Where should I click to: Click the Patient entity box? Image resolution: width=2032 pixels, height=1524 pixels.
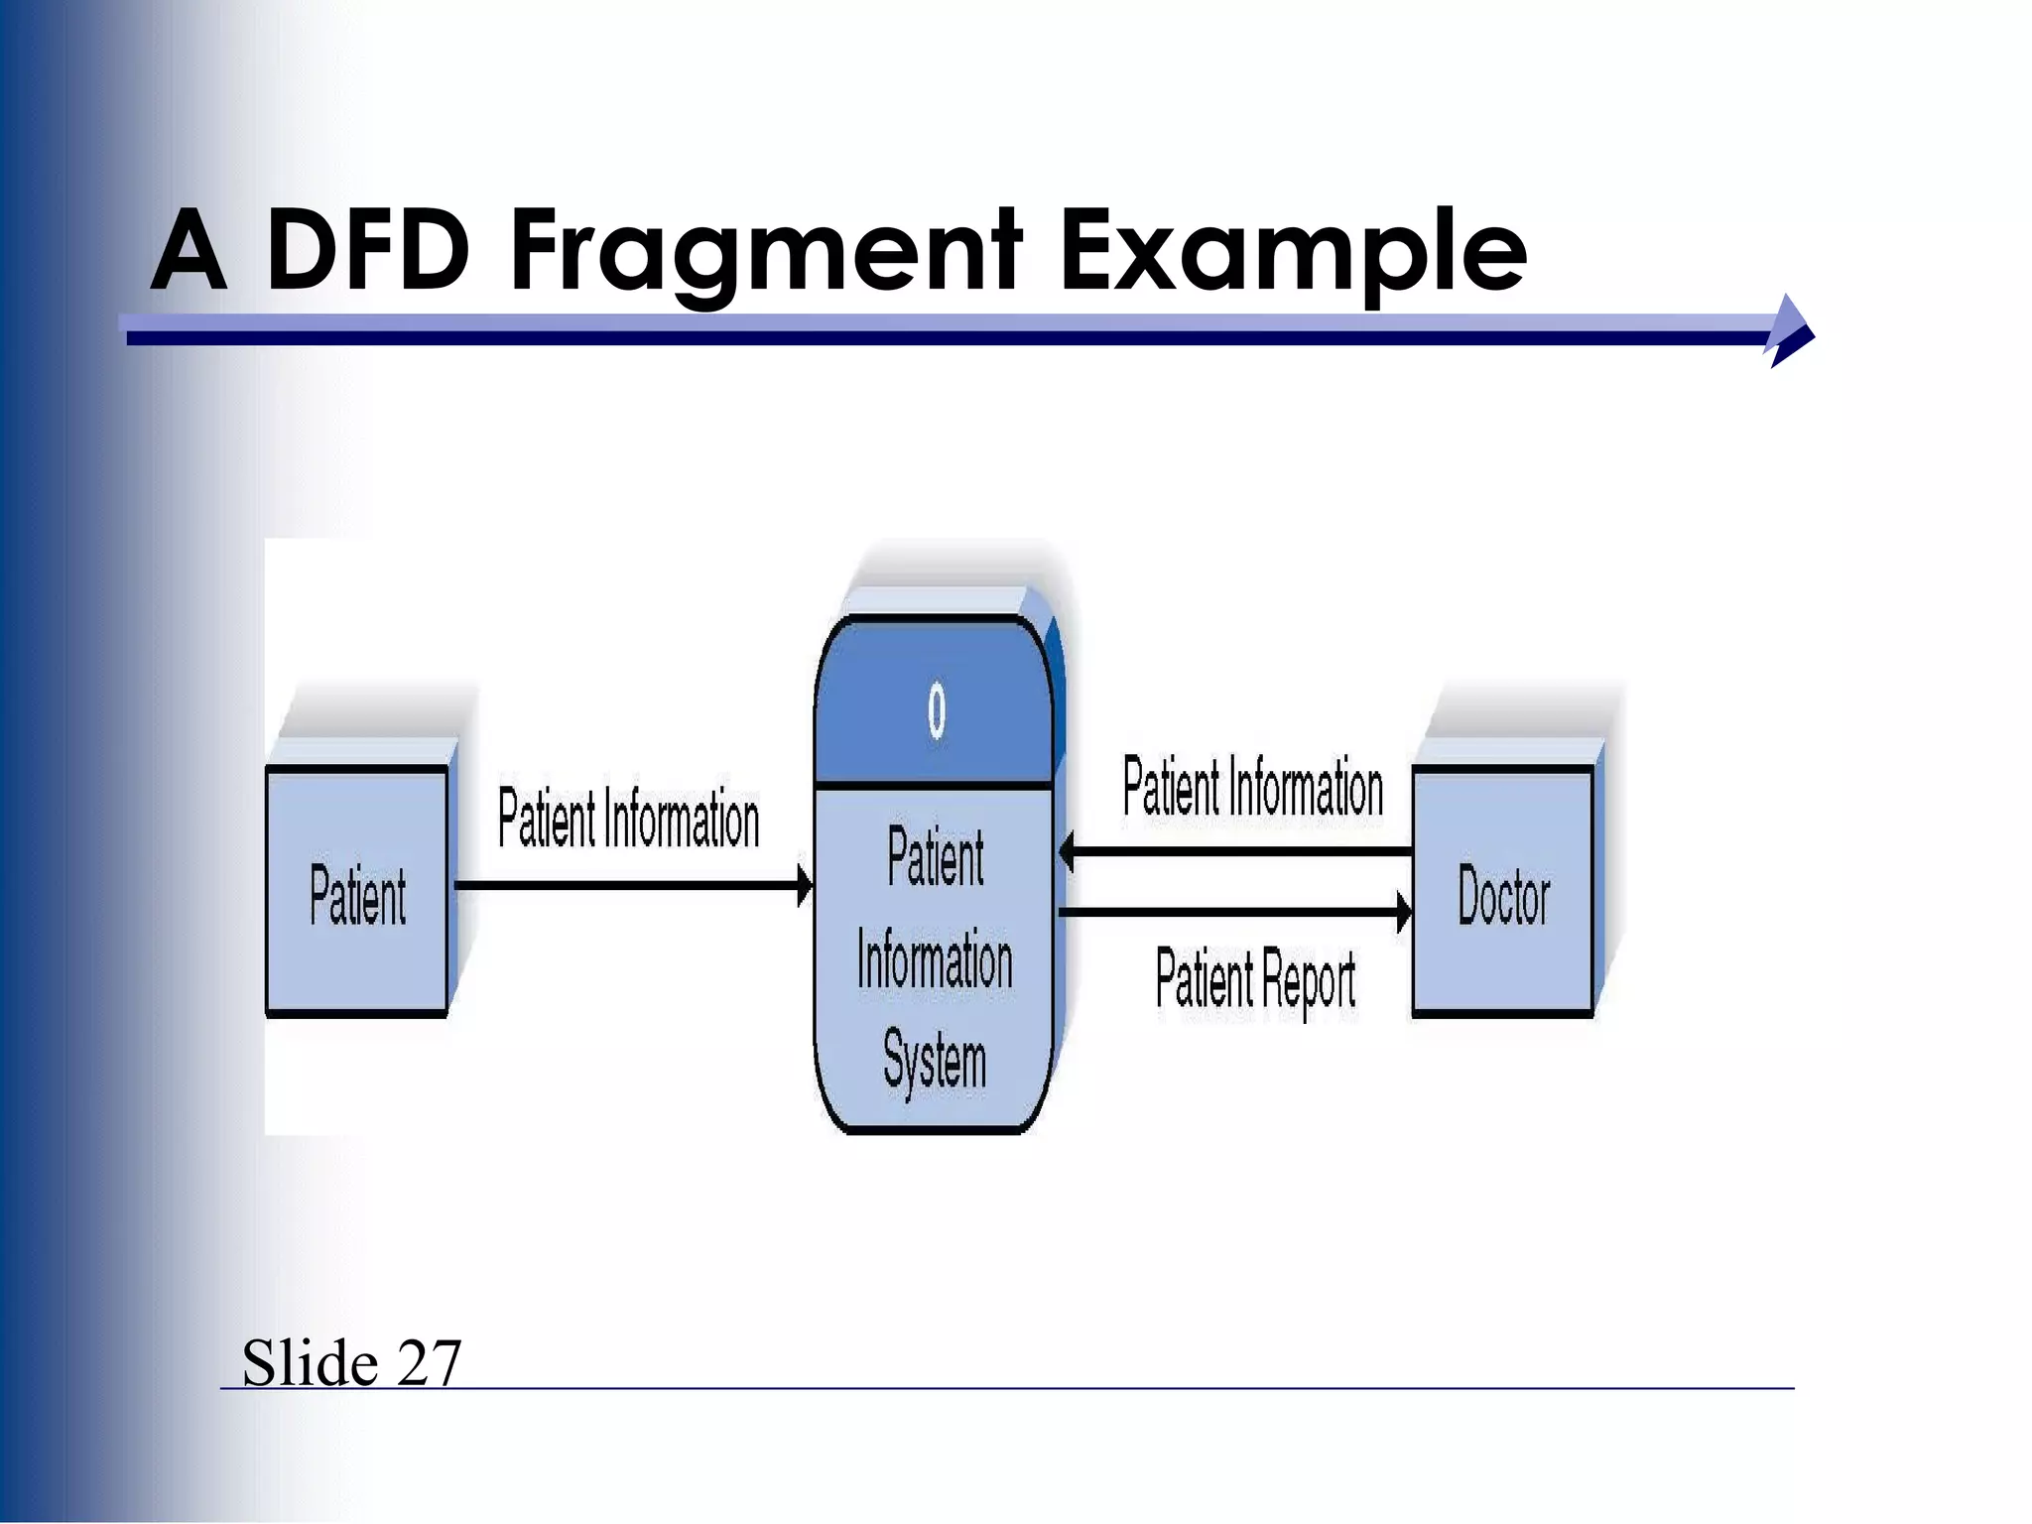pos(357,893)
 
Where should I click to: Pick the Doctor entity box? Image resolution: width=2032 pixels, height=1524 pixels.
pos(1503,893)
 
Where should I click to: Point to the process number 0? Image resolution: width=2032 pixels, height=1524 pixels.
pos(936,710)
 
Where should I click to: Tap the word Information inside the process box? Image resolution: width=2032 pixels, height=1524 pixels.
pos(935,959)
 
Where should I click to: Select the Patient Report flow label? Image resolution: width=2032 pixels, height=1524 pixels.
pos(1255,980)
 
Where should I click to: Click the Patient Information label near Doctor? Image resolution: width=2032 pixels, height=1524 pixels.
pos(1252,787)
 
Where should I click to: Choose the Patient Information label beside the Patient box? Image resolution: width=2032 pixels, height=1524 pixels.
pos(628,820)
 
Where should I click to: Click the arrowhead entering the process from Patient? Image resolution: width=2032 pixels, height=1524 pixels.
pos(805,885)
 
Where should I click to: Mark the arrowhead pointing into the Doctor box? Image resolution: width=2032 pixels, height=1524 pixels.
pos(1404,911)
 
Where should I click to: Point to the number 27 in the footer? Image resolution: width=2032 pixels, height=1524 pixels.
pos(429,1362)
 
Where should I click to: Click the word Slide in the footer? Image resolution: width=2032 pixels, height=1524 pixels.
pos(310,1362)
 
